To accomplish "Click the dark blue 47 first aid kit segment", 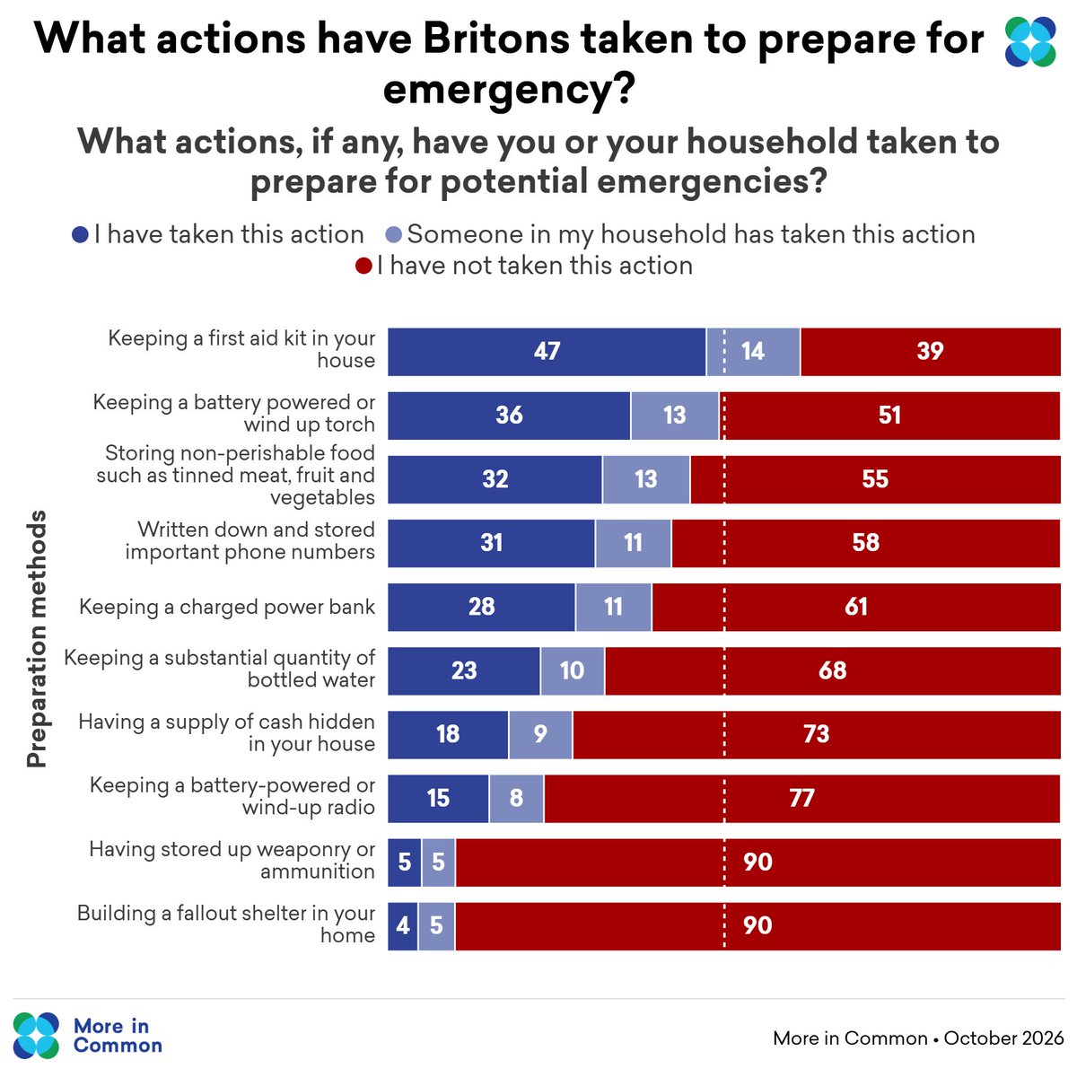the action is click(547, 352).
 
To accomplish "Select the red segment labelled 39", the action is click(930, 352).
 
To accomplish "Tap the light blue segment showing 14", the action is click(753, 352).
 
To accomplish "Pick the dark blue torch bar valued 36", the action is click(509, 416).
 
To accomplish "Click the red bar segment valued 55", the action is click(875, 479).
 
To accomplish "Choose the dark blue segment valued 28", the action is click(481, 607).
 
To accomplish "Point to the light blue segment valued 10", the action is click(573, 670).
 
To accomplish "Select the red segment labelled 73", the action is click(817, 734).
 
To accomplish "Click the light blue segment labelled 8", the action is click(516, 798).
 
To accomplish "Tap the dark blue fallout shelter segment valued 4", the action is click(402, 926).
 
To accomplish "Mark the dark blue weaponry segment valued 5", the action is click(404, 862).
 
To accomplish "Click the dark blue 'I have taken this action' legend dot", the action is click(81, 235).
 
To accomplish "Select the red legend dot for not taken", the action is click(363, 266).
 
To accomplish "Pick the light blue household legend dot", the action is click(394, 235).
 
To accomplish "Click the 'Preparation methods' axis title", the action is click(37, 639).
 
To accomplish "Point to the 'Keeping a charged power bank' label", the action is click(227, 607).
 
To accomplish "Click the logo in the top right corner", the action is click(1030, 42).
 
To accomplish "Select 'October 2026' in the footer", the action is click(1003, 1038).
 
